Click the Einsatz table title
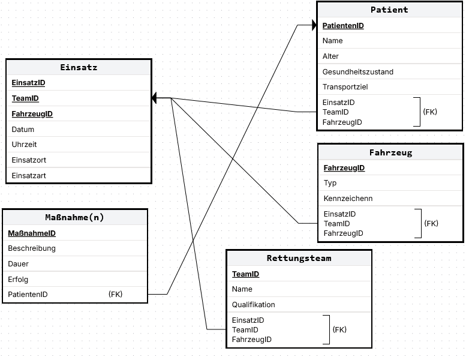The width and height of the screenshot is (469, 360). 79,67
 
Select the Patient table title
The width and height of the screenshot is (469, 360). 389,10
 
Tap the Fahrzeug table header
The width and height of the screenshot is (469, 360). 390,152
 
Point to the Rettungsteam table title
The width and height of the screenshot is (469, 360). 299,258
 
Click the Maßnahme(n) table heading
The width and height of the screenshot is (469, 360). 74,217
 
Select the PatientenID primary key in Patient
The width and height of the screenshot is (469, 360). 343,26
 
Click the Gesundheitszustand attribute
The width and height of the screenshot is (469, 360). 357,72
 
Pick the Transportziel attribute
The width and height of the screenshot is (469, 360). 345,87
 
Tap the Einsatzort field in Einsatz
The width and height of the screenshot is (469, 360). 29,160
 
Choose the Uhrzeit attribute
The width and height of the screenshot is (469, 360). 24,145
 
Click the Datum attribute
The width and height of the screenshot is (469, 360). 23,130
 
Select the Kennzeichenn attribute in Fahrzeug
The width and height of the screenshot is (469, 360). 348,199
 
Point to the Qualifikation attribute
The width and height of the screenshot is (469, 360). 253,305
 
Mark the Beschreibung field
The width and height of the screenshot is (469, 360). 32,248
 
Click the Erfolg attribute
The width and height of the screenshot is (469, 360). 18,280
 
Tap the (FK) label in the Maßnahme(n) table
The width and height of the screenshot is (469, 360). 116,295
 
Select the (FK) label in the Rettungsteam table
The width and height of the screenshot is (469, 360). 339,330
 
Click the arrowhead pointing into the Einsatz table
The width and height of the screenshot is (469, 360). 154,98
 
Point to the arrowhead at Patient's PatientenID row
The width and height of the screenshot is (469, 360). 314,25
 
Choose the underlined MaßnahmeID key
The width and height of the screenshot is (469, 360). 32,233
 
